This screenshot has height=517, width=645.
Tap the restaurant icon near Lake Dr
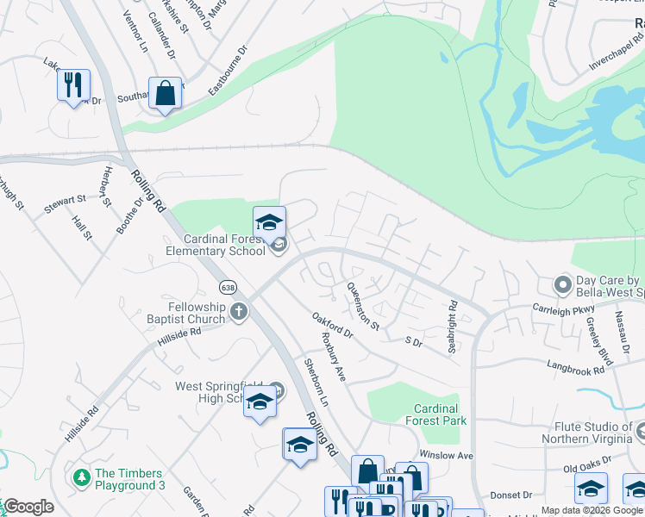click(73, 84)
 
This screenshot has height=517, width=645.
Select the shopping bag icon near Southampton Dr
click(165, 93)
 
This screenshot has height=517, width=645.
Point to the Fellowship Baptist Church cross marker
click(239, 313)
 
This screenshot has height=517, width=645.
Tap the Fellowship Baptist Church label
click(185, 314)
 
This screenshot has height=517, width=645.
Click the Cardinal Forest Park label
click(440, 414)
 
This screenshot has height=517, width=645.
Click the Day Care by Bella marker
click(563, 283)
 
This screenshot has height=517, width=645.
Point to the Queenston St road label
click(363, 306)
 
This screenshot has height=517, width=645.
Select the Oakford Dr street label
click(332, 325)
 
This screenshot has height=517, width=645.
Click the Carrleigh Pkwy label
click(563, 308)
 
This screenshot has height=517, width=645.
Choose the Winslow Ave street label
click(447, 454)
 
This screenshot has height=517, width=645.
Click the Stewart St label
click(66, 202)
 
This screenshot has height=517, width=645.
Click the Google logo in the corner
click(28, 507)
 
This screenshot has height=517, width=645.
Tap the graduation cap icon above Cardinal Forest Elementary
click(269, 221)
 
